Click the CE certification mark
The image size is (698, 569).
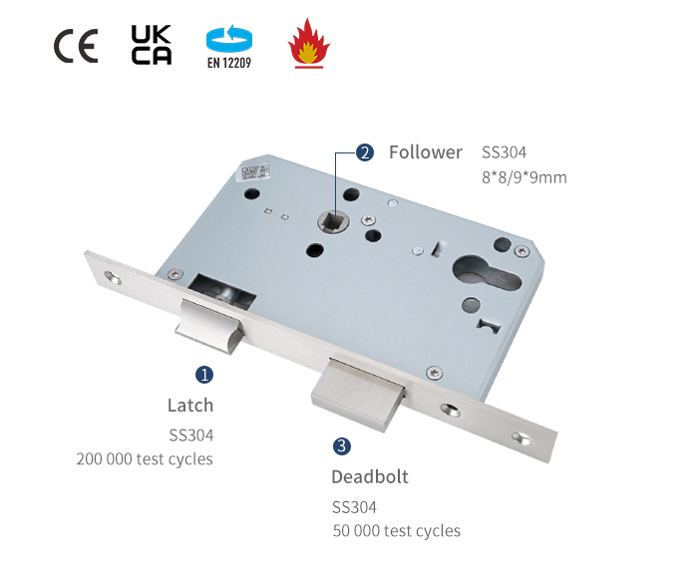click(x=76, y=46)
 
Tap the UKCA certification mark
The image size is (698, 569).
click(x=152, y=45)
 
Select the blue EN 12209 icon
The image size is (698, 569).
click(x=229, y=46)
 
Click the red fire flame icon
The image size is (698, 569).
click(x=307, y=45)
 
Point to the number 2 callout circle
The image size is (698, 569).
click(x=365, y=152)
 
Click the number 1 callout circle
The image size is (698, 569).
click(x=203, y=375)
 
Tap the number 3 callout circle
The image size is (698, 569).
click(x=342, y=446)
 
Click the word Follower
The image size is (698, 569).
click(x=426, y=152)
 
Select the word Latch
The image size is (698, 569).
click(x=190, y=406)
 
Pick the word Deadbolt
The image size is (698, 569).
click(x=370, y=476)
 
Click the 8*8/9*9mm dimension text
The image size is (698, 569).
click(x=523, y=178)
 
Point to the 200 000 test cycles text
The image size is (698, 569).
click(x=145, y=459)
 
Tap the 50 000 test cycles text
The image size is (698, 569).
click(x=397, y=531)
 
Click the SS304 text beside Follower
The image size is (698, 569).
click(x=504, y=152)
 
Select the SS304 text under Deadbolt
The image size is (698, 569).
click(x=354, y=506)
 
